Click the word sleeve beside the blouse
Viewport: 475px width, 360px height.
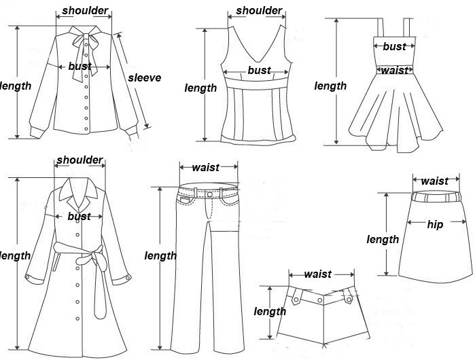click(144, 77)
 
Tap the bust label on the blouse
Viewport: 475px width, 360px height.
click(80, 67)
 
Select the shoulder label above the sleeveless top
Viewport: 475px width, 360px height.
click(259, 11)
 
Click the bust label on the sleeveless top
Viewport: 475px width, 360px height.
click(259, 70)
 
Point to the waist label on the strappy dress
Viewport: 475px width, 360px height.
click(394, 70)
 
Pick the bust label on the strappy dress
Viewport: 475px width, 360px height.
click(394, 47)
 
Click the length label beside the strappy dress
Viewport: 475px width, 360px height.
click(330, 86)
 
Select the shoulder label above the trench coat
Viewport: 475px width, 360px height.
click(80, 160)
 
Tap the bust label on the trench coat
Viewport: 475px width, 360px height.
click(79, 216)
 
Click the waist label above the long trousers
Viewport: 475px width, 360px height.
click(205, 167)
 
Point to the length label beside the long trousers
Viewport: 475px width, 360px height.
click(160, 255)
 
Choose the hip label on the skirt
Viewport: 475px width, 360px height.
click(435, 224)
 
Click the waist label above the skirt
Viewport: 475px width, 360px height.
click(434, 181)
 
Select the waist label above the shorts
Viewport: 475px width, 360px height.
click(317, 274)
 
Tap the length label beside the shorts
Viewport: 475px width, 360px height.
click(270, 311)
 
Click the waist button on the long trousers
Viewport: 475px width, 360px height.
click(209, 194)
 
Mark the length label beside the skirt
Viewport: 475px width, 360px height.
click(383, 239)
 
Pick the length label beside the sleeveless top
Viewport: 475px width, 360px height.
click(201, 88)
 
